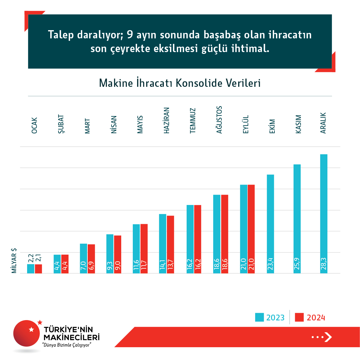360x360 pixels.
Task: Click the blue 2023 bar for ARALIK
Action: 323,213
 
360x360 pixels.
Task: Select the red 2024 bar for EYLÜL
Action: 251,228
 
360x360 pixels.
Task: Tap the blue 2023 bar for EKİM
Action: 270,224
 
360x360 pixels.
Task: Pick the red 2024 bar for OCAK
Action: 38,269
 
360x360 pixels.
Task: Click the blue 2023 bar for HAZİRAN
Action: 163,244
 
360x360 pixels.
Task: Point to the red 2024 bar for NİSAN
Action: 118,254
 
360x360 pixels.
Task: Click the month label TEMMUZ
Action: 192,121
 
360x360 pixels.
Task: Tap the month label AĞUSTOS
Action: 219,120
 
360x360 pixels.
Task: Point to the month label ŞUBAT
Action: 61,124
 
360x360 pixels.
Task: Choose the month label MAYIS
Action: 140,124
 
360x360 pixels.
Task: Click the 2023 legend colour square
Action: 259,317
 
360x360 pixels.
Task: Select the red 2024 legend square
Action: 299,317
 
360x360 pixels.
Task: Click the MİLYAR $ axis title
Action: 14,260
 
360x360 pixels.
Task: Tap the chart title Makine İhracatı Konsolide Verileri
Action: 180,83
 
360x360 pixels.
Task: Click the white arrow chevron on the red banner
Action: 328,337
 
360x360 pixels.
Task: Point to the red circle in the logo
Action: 26,334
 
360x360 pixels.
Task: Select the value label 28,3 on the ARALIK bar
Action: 323,264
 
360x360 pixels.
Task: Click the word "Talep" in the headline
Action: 61,35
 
